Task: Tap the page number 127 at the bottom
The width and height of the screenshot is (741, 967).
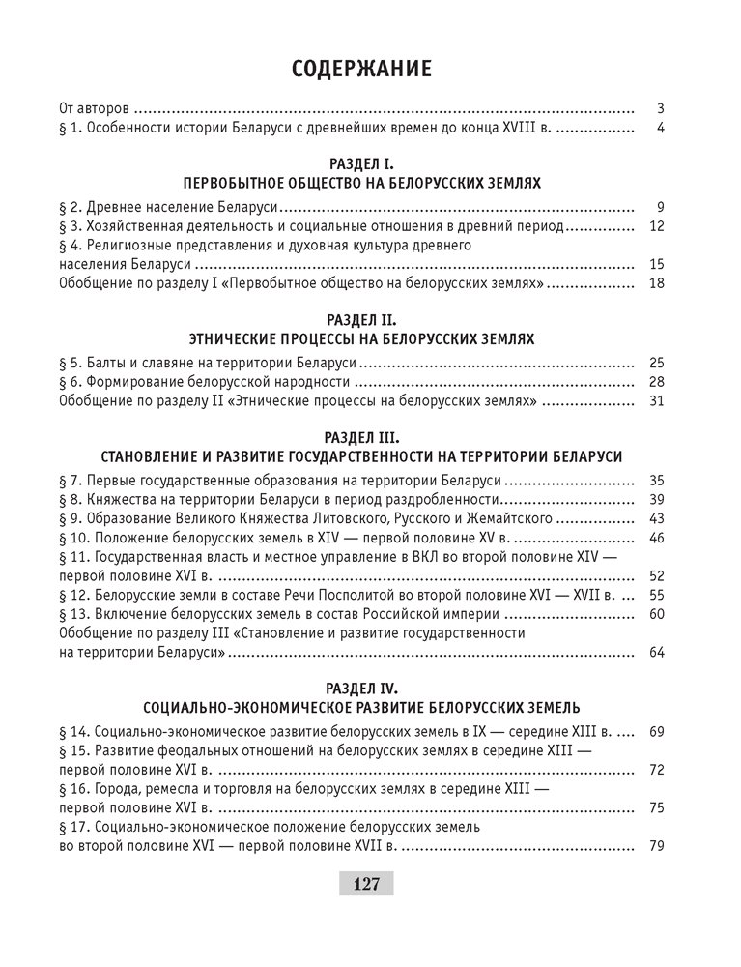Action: click(x=366, y=883)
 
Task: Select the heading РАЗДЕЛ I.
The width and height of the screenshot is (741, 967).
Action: click(x=361, y=164)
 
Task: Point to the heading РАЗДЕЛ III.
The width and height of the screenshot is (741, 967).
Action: click(x=361, y=436)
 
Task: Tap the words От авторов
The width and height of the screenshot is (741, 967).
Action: click(x=96, y=108)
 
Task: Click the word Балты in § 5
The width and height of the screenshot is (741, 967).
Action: click(x=106, y=363)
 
